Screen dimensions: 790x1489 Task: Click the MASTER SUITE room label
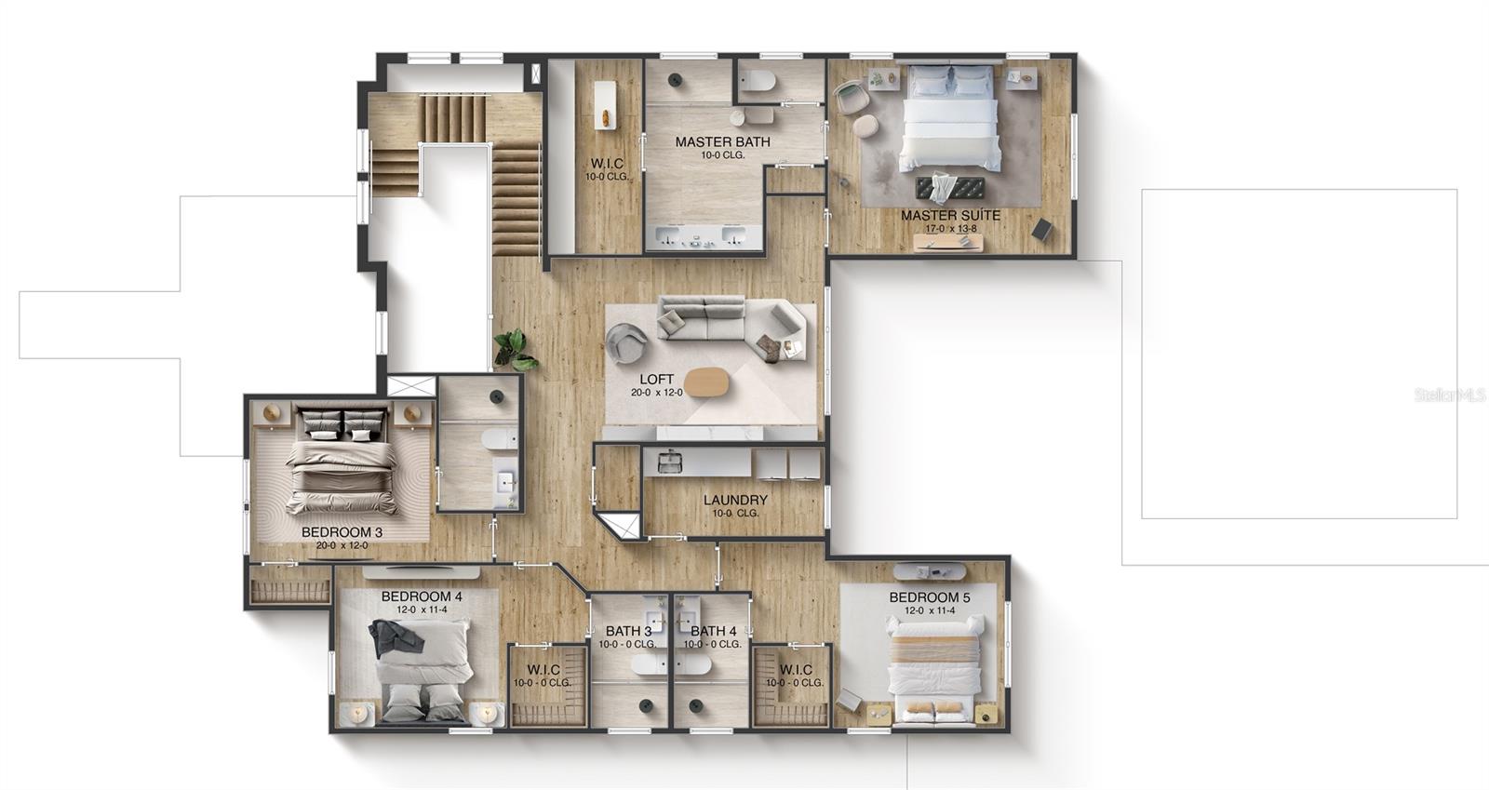click(950, 215)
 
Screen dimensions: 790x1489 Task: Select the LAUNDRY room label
click(735, 500)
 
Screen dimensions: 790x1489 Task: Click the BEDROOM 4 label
click(422, 596)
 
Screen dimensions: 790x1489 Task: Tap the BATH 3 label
click(628, 631)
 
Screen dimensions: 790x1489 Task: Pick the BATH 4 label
click(714, 631)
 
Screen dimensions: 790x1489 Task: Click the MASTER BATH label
click(722, 142)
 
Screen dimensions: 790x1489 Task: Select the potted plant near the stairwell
click(514, 349)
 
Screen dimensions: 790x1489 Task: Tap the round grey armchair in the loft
click(626, 342)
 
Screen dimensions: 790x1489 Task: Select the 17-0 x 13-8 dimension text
click(950, 228)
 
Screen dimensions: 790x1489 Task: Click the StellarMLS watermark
click(1450, 395)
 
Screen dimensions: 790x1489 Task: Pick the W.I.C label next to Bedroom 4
click(543, 669)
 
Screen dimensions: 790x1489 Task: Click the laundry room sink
click(669, 460)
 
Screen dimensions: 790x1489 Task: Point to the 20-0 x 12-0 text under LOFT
click(657, 393)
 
